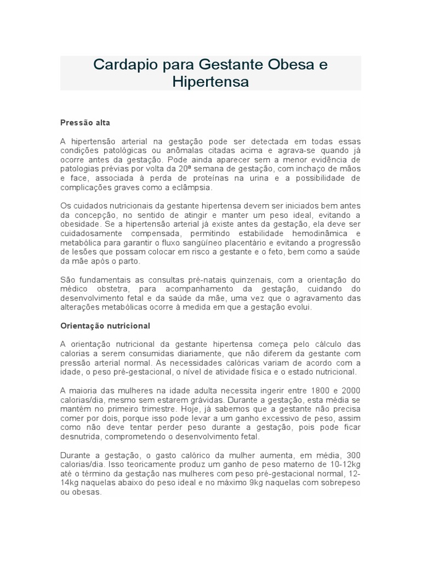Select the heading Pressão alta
click(85, 123)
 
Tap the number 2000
click(351, 390)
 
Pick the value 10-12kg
click(343, 465)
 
